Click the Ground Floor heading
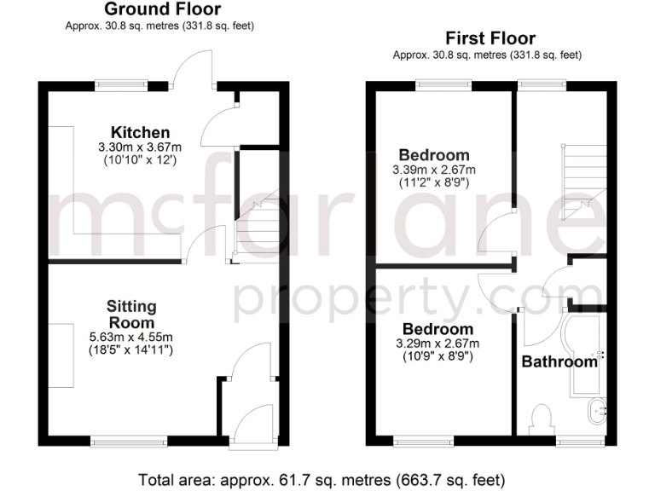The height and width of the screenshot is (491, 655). click(x=161, y=10)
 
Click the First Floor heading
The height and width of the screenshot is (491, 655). click(x=490, y=38)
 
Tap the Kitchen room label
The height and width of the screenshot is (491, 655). click(x=140, y=132)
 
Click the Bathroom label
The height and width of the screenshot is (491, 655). click(x=559, y=361)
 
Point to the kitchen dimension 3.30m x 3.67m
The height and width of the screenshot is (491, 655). click(x=140, y=147)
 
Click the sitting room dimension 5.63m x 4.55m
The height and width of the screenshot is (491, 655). click(x=131, y=337)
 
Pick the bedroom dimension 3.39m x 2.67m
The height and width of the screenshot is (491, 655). click(x=434, y=170)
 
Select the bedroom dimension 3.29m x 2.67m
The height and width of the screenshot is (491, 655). click(x=438, y=344)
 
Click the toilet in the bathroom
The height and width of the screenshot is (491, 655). click(x=539, y=418)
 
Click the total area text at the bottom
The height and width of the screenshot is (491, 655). click(x=327, y=477)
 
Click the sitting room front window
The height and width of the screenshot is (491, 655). click(x=130, y=441)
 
